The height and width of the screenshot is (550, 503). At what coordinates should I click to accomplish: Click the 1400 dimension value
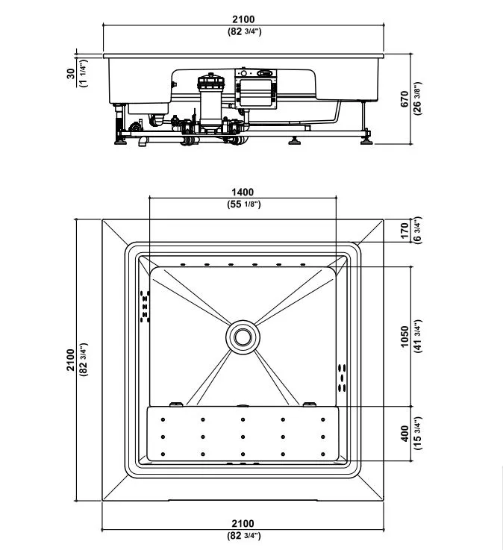pos(243,192)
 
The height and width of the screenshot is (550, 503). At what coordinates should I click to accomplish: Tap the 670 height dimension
pos(404,99)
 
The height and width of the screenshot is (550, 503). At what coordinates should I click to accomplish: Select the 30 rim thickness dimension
pos(71,73)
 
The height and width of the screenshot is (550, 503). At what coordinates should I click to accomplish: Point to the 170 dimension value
pos(404,231)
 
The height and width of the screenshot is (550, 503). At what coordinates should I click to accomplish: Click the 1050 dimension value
pos(404,337)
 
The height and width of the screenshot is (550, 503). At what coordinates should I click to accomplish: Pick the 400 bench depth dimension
pos(404,434)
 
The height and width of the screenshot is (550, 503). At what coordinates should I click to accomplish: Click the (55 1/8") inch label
pos(244,204)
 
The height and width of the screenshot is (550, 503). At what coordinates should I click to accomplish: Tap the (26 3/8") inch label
pos(417,99)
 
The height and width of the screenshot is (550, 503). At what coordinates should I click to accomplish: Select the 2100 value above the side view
pos(243,19)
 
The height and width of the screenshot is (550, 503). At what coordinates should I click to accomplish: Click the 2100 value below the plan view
pos(243,523)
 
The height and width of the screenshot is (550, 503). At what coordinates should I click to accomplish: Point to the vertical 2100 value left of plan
pos(71,360)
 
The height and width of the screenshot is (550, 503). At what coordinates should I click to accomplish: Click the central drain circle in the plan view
pos(243,337)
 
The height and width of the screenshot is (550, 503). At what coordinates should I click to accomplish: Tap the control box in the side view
pos(256,89)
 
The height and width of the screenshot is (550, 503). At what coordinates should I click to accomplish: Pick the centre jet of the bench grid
pos(243,437)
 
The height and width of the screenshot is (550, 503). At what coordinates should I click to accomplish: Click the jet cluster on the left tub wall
pos(145,306)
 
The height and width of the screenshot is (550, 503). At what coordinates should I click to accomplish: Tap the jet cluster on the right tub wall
pos(342,378)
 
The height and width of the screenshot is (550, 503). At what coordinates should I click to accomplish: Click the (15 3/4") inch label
pos(417,434)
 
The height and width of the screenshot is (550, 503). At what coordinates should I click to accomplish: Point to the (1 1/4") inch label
pos(84,73)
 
